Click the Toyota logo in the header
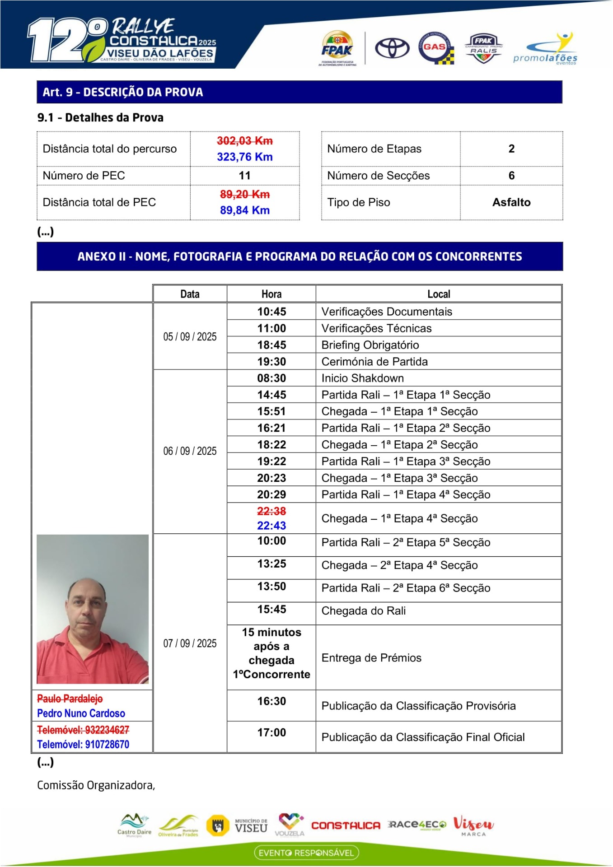click(x=392, y=48)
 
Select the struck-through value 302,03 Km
click(x=245, y=141)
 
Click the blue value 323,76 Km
click(x=245, y=157)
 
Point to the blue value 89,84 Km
click(x=245, y=210)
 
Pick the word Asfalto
click(x=511, y=202)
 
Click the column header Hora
click(x=271, y=294)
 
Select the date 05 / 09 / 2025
click(x=190, y=337)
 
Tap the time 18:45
click(x=271, y=345)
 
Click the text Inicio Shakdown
click(x=362, y=378)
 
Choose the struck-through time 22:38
click(x=271, y=511)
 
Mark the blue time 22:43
click(x=271, y=526)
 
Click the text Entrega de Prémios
click(x=371, y=658)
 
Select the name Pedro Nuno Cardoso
click(x=81, y=713)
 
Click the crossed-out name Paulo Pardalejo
click(x=70, y=699)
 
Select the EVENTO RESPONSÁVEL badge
click(x=306, y=853)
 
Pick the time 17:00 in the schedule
click(x=271, y=732)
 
